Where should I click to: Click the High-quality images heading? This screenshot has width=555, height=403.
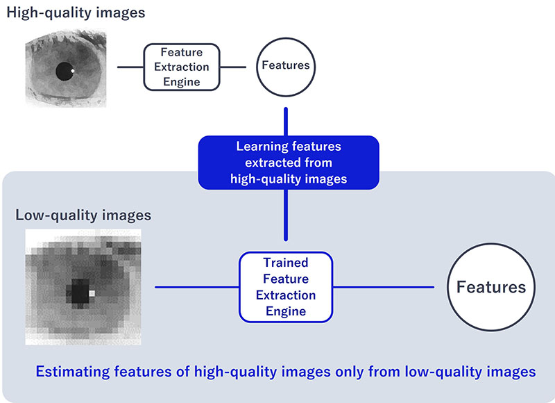tap(76, 13)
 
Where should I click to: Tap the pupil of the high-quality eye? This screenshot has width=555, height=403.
tap(65, 72)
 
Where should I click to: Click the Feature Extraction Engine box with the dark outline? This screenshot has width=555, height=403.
tap(182, 67)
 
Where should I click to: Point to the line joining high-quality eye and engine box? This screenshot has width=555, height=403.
tap(130, 67)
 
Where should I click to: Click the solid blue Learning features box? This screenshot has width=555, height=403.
tap(289, 163)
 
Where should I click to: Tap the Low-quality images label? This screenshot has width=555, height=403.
tap(83, 215)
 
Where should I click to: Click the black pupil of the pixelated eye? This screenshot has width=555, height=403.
tap(80, 291)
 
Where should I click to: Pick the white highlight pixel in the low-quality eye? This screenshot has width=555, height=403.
tap(92, 293)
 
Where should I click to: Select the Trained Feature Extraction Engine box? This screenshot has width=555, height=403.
tap(286, 287)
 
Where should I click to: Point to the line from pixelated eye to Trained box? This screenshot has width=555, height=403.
tap(197, 287)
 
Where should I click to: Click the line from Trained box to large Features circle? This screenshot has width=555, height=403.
tap(384, 287)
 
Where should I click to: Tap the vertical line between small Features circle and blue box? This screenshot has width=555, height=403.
tap(286, 122)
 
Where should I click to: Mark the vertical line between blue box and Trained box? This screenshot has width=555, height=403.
tap(286, 215)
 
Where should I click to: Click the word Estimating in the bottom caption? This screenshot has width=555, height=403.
tap(73, 372)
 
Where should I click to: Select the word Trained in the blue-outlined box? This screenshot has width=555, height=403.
tap(286, 263)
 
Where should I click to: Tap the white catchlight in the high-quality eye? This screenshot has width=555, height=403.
tap(73, 71)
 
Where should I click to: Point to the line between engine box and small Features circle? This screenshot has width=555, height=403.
tap(233, 67)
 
